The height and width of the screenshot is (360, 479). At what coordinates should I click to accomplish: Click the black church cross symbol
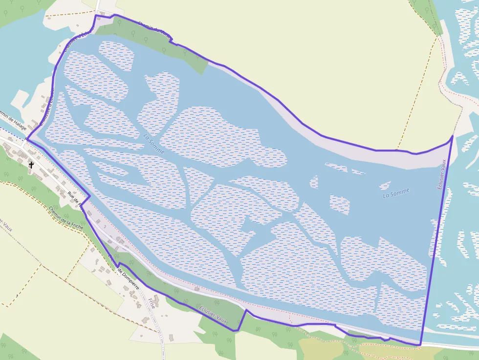coord(31,165)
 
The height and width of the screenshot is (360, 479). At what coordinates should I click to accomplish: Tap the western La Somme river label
coord(154,144)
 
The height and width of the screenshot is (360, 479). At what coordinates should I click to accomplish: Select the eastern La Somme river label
coord(396,193)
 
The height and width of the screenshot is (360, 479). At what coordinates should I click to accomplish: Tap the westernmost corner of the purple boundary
coord(26,139)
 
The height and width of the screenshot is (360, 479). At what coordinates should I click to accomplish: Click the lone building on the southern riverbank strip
coord(196,289)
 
